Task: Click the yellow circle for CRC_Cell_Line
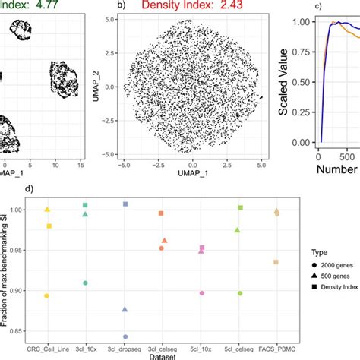coord(47,295)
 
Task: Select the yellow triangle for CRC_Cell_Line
coord(47,210)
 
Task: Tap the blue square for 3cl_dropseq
coord(125,204)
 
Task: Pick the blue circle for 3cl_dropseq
coord(125,336)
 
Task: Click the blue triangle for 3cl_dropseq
coord(125,310)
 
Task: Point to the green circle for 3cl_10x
coord(86,283)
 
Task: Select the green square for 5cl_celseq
coord(240,207)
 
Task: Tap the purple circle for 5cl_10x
coord(201,293)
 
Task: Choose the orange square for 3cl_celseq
coord(161,213)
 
